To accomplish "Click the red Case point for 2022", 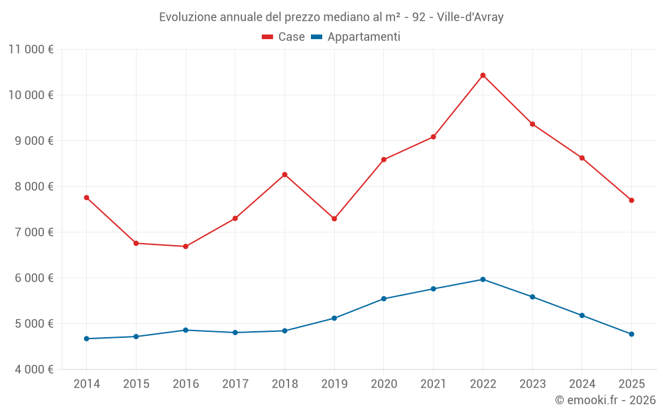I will [483, 76].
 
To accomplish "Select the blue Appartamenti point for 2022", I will [483, 280].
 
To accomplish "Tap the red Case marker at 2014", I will [87, 197].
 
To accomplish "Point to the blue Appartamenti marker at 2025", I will [631, 334].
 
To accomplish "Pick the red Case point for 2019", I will [334, 219].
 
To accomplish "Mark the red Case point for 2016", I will [186, 246].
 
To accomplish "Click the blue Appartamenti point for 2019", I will [334, 318].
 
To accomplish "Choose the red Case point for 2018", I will [284, 175].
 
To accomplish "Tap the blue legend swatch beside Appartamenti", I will [316, 37].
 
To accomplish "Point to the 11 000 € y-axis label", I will [30, 49].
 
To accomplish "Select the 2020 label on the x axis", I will [384, 384].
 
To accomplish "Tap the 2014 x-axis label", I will [87, 384].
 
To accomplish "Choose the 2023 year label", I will [532, 384].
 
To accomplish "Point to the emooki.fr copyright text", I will [605, 400].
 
